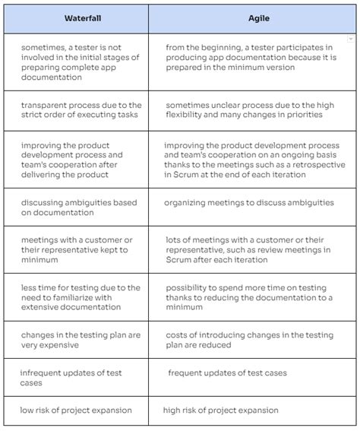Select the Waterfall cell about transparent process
[81, 110]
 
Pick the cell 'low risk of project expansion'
[76, 410]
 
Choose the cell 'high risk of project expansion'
[221, 410]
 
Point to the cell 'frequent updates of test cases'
[227, 373]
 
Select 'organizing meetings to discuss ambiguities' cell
[249, 203]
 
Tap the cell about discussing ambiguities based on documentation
[79, 208]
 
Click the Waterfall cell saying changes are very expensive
[81, 340]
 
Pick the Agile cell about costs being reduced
[249, 340]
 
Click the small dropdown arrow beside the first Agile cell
[351, 38]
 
